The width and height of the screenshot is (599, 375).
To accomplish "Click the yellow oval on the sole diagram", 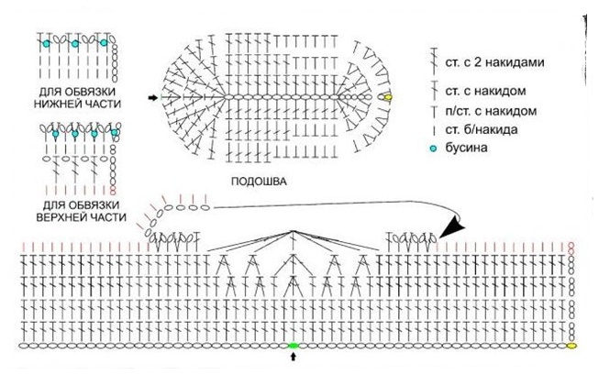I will (387, 96).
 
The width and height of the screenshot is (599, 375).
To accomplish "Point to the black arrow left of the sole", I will (151, 94).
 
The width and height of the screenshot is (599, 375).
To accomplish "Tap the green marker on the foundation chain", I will (294, 346).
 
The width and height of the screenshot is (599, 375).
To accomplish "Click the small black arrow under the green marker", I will (294, 358).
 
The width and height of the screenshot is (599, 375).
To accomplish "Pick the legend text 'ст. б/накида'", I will (494, 131).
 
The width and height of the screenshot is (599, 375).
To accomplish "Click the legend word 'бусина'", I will (480, 149).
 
